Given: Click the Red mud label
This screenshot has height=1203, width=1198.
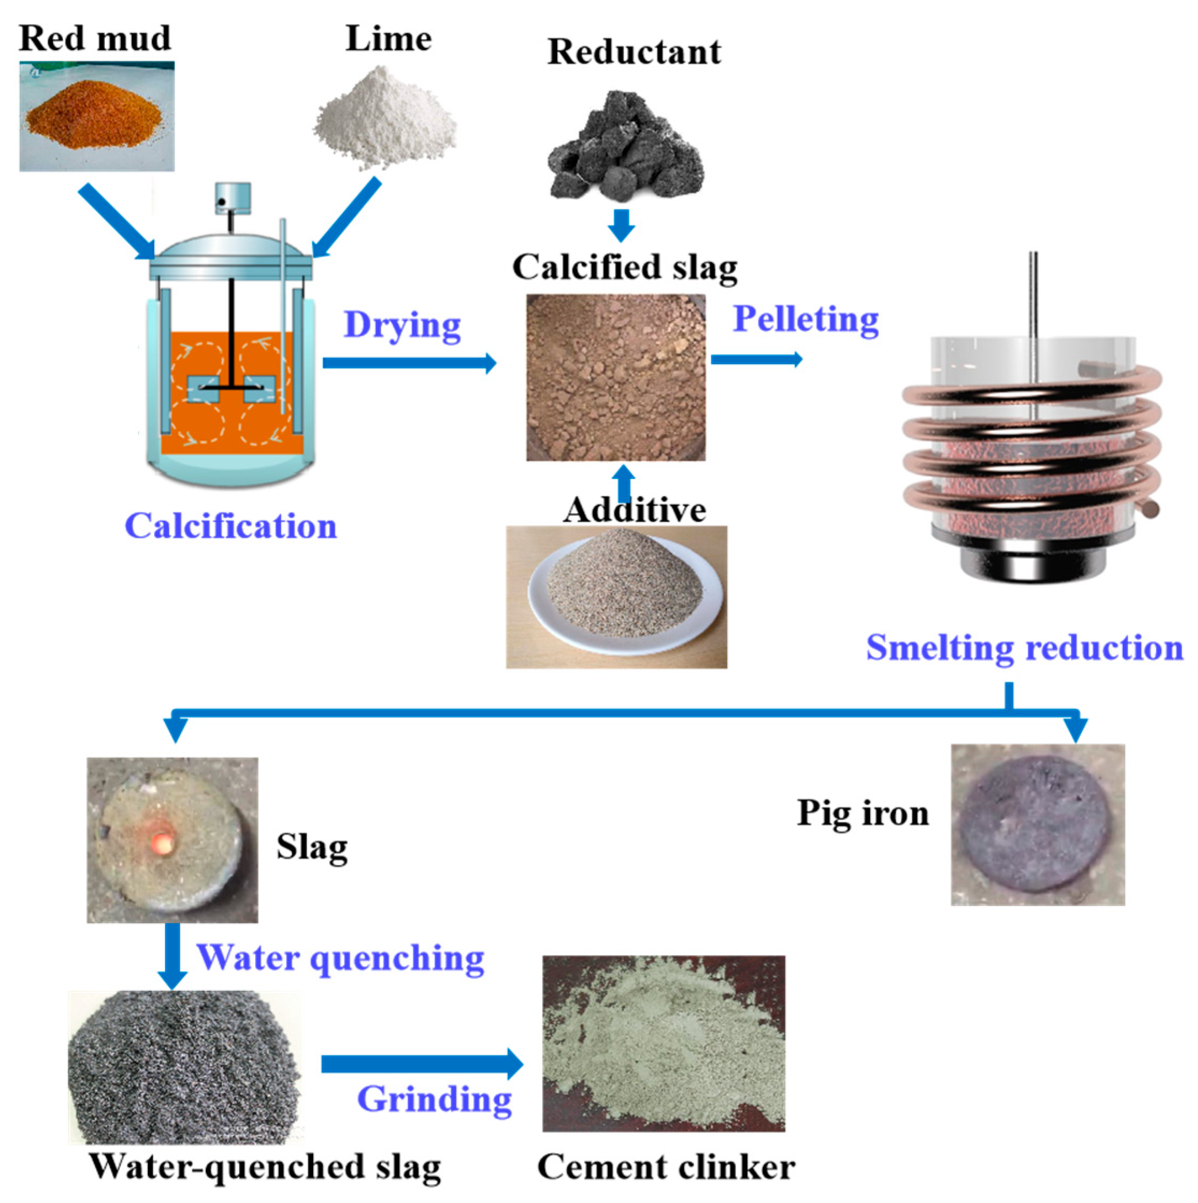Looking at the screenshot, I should coord(95,39).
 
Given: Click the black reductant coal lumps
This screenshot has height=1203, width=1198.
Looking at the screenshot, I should coord(626,149).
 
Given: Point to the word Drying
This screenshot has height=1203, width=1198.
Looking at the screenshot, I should coord(402,325).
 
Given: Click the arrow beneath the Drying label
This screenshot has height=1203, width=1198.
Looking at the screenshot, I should coord(408,363).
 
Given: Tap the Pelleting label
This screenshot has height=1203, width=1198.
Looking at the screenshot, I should coord(805,319).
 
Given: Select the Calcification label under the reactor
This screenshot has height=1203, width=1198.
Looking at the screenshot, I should coord(230,526).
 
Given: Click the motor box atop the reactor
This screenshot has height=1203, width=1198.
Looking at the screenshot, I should coord(233,198).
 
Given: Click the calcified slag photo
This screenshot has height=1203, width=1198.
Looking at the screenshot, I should coord(616,378).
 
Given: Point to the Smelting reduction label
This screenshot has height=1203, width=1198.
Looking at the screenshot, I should coord(1024,648).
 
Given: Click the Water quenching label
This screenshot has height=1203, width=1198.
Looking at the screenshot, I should coord(340,958).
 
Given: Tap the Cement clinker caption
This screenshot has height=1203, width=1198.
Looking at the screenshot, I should coord(666,1166).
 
